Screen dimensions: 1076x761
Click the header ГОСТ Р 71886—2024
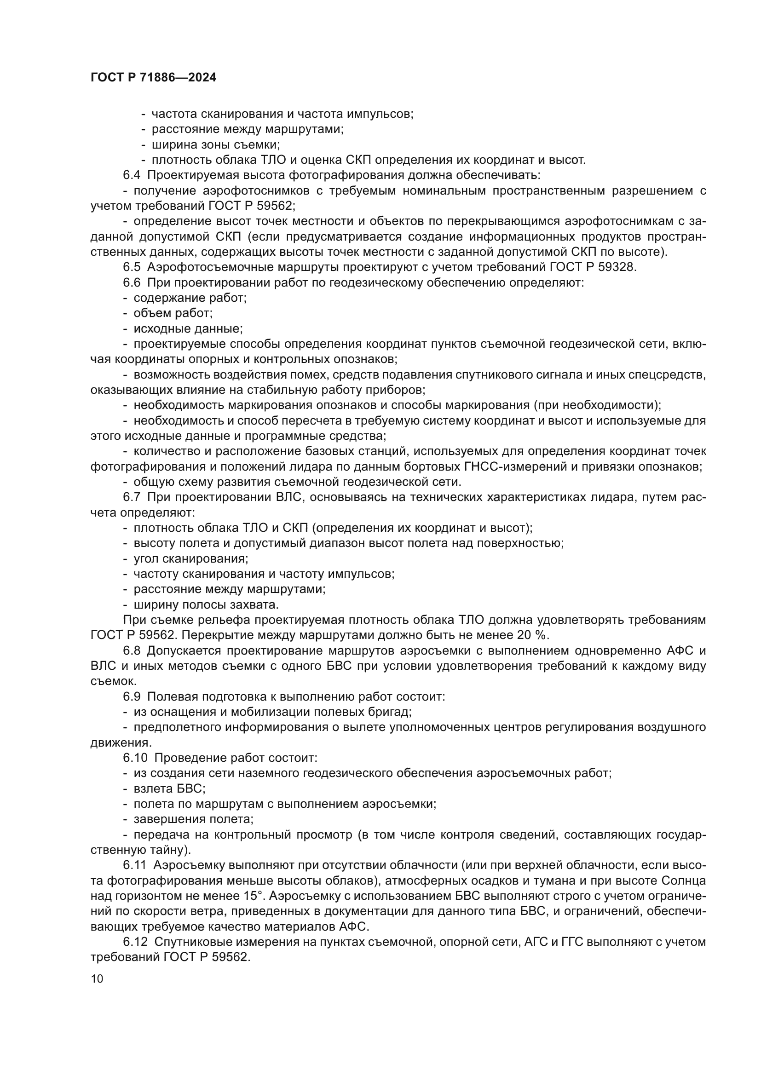click(x=153, y=78)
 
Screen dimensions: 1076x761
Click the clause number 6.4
click(x=132, y=175)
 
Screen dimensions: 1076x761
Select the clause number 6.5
click(x=132, y=267)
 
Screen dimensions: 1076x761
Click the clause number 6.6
click(x=132, y=282)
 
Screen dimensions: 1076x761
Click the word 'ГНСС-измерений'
click(x=514, y=467)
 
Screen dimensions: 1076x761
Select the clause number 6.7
click(x=132, y=497)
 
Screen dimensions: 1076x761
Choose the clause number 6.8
click(x=132, y=650)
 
